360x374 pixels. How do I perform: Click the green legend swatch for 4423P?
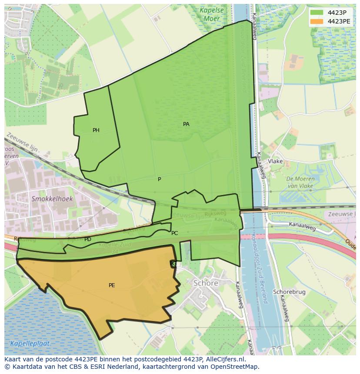point(317,13)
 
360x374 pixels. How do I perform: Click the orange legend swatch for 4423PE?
point(317,21)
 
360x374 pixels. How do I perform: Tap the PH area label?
point(96,130)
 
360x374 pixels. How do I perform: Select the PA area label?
point(186,124)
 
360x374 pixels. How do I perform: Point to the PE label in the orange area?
point(112,285)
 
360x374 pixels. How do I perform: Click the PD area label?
point(88,239)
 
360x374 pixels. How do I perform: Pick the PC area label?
point(174,233)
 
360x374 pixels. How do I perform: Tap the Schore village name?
point(206,283)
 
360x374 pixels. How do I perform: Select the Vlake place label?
point(275,161)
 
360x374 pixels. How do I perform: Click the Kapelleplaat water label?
point(30,343)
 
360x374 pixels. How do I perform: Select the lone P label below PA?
point(160,179)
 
